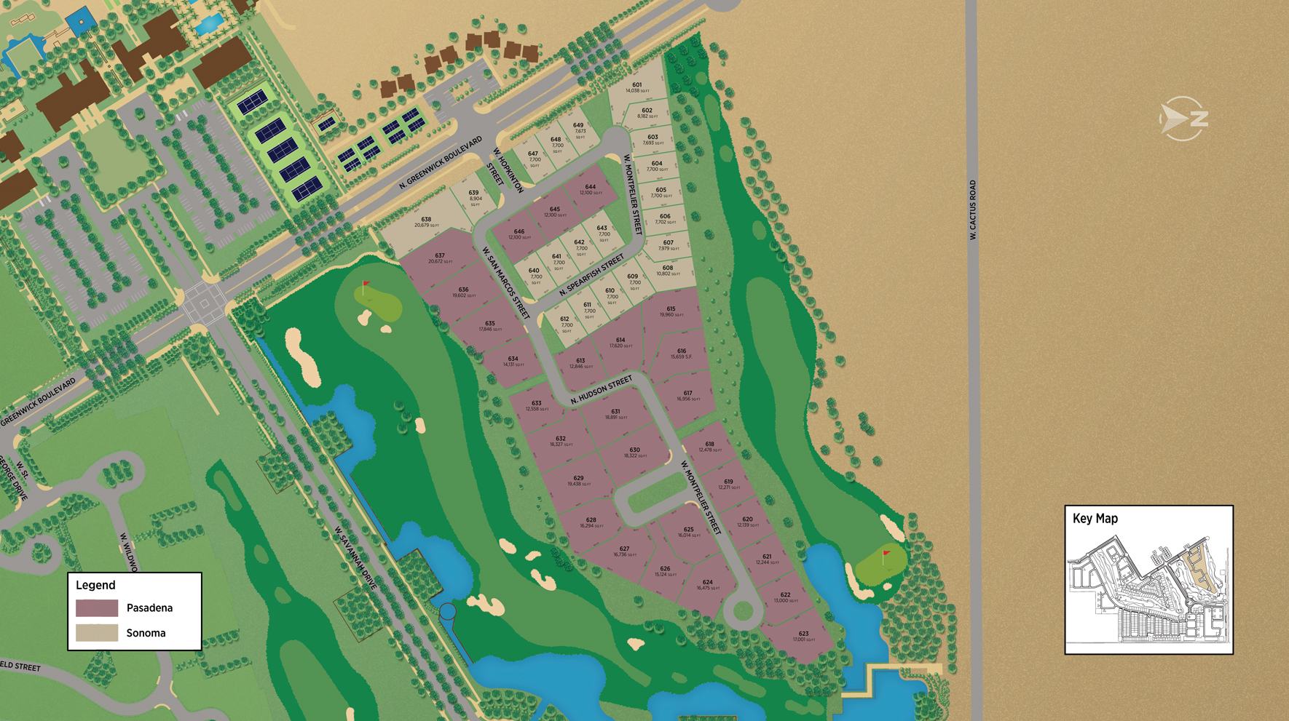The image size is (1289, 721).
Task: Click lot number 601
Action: pos(636,87)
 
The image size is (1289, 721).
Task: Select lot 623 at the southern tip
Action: pos(803,635)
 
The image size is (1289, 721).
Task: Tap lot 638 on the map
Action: pos(426,221)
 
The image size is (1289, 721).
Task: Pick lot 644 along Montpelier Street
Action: pos(590,189)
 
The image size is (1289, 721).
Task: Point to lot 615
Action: pos(671,311)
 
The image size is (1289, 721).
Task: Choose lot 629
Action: pos(578,480)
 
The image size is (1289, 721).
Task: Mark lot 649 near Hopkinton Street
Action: pos(578,129)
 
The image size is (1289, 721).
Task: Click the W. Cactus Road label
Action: pos(972,210)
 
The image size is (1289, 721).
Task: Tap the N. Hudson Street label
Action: pos(602,390)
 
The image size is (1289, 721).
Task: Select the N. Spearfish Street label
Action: pos(592,274)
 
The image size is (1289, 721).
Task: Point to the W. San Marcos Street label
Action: pos(505,282)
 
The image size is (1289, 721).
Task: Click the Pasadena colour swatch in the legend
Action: pos(97,608)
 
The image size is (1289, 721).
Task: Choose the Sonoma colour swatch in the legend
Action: pos(97,633)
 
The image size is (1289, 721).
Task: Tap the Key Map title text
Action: pos(1095,519)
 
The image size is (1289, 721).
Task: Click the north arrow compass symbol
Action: pos(1183,119)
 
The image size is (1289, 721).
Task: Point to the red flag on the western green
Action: pos(366,285)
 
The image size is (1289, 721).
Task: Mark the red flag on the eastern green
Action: pos(886,555)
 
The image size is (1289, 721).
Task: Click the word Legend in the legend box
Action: pos(95,585)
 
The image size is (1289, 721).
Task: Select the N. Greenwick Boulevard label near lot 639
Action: pos(441,162)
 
